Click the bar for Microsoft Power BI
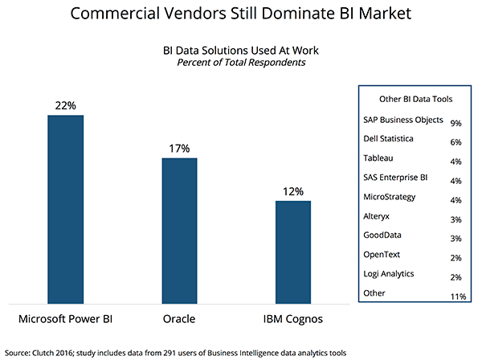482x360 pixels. tap(66, 209)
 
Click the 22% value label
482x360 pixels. tap(66, 104)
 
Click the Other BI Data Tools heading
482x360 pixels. tap(415, 99)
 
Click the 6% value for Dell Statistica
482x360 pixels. tap(455, 141)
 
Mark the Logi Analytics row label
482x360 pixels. tap(390, 274)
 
